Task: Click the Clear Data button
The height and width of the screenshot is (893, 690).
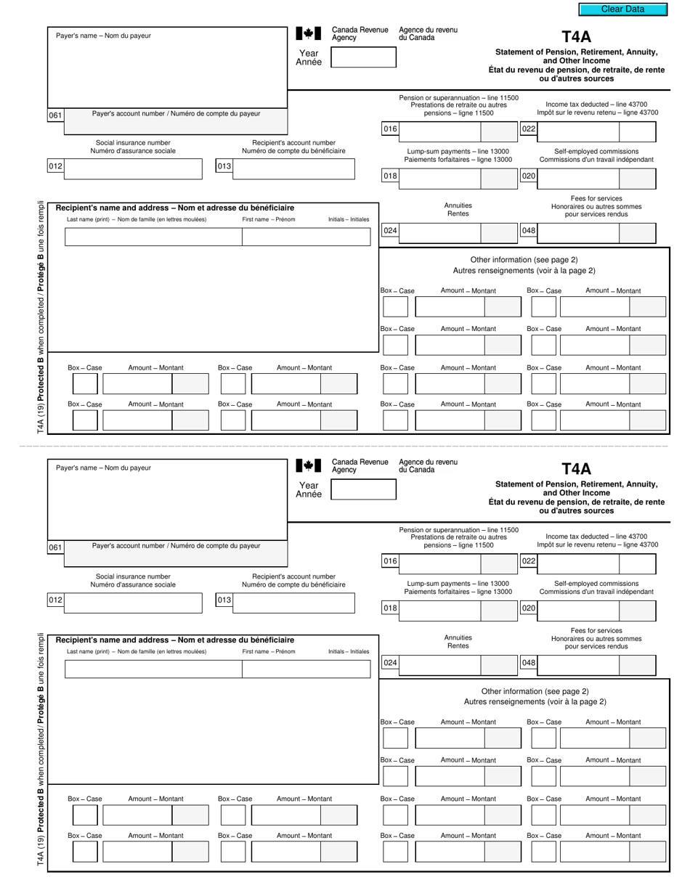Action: pyautogui.click(x=622, y=9)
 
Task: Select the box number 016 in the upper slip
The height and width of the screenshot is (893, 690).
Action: pyautogui.click(x=391, y=130)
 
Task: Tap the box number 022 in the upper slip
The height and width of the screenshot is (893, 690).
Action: pyautogui.click(x=529, y=130)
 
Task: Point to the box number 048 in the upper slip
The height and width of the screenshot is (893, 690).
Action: pyautogui.click(x=529, y=231)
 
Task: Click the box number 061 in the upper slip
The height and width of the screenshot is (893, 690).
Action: pyautogui.click(x=56, y=115)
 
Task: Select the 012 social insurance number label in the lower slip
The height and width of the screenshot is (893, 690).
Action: pyautogui.click(x=56, y=600)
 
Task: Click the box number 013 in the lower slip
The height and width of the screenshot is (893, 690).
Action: pyautogui.click(x=224, y=600)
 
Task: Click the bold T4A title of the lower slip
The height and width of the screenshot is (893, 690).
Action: pyautogui.click(x=577, y=469)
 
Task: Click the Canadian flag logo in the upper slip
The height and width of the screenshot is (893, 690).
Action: pyautogui.click(x=308, y=33)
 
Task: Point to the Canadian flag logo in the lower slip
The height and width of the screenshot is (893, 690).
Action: pyautogui.click(x=308, y=465)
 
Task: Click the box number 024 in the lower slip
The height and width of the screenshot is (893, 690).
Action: pyautogui.click(x=391, y=663)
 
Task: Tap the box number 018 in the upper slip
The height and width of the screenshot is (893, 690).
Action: pyautogui.click(x=391, y=176)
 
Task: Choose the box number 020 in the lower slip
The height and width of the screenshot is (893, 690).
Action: pyautogui.click(x=529, y=608)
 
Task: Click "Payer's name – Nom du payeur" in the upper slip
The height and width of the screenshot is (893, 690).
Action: pyautogui.click(x=104, y=36)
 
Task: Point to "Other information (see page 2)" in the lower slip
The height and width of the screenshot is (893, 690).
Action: pyautogui.click(x=535, y=691)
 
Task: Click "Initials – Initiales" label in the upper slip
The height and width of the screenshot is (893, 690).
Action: pyautogui.click(x=348, y=219)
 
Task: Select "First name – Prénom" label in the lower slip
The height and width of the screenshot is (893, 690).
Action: pyautogui.click(x=269, y=651)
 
